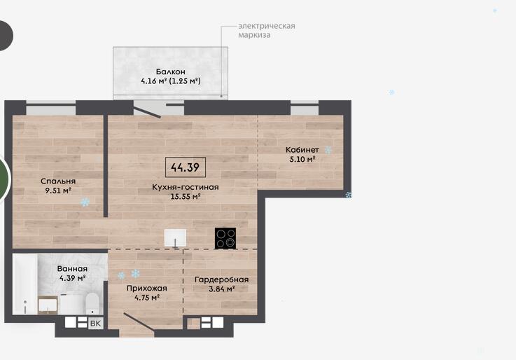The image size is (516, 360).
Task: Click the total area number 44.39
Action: point(185,167)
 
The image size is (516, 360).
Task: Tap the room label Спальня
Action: point(58,181)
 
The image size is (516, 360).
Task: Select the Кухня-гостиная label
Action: point(186,187)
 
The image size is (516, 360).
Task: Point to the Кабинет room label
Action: point(302,150)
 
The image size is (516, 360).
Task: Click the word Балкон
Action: point(170,71)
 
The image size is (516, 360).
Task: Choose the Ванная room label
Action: point(72,268)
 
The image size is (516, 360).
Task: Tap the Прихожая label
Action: point(147,289)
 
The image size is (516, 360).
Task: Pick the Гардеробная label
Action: point(221,279)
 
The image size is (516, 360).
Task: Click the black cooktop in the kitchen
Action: point(225,238)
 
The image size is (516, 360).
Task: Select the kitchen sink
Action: point(176,237)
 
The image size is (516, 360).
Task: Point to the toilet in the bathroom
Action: point(92,303)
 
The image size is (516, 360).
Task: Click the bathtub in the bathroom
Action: point(25,284)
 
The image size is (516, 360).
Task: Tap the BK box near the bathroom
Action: point(95,323)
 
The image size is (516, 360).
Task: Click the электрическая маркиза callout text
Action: point(267,30)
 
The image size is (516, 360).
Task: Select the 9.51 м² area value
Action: point(58,191)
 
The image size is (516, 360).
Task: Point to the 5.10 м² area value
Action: point(302,159)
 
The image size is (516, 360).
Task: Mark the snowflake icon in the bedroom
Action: point(85,202)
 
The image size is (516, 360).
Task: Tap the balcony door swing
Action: point(147,109)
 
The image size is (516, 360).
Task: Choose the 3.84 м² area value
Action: point(221,289)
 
